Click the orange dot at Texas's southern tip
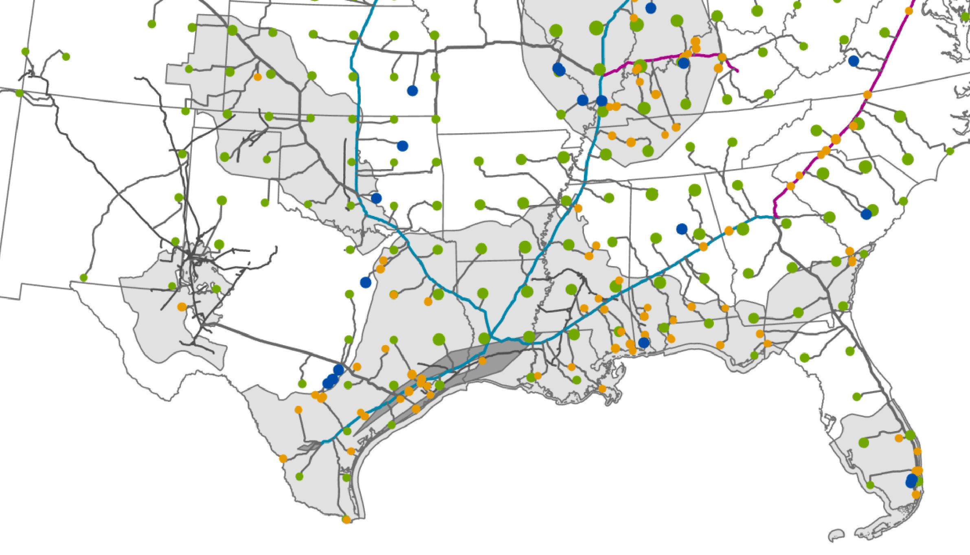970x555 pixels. [346, 520]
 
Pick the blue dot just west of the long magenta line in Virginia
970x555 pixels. [854, 61]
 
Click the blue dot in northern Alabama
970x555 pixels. [682, 229]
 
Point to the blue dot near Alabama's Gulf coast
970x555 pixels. [643, 343]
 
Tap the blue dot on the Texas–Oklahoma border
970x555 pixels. [376, 198]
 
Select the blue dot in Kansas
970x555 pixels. [412, 90]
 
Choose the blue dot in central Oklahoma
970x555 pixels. [402, 145]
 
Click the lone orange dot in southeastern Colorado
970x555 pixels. [257, 77]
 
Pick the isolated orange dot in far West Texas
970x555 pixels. [182, 307]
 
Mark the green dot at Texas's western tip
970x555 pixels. [83, 278]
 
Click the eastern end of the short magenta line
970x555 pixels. [737, 71]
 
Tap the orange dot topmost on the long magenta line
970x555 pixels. [909, 11]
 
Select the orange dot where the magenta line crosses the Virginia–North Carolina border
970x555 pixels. [867, 95]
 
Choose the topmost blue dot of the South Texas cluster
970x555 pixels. [338, 370]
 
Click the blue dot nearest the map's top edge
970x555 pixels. [651, 8]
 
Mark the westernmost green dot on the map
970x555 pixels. [19, 93]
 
